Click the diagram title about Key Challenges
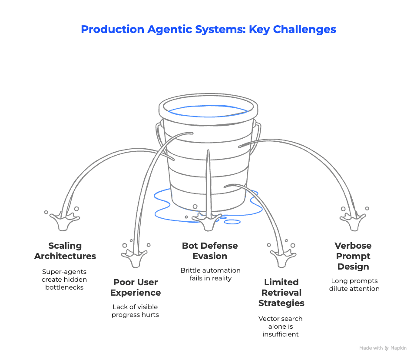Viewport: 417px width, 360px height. (208, 30)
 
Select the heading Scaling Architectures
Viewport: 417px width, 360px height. (65, 251)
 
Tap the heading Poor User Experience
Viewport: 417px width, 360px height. (136, 287)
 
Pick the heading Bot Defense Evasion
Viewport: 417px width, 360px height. (210, 251)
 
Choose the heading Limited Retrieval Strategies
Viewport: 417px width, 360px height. (281, 293)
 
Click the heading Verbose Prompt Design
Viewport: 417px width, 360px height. (353, 256)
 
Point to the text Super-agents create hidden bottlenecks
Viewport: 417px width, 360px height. (65, 279)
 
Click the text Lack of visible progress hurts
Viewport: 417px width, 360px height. (135, 310)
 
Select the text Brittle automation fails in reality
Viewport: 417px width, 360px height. (210, 274)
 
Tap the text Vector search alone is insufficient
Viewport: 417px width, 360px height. (281, 326)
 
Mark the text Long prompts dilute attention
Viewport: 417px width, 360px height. (354, 284)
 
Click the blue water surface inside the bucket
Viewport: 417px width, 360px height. (209, 110)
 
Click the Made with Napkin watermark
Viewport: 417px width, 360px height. (383, 348)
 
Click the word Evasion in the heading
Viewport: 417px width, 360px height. (210, 256)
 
